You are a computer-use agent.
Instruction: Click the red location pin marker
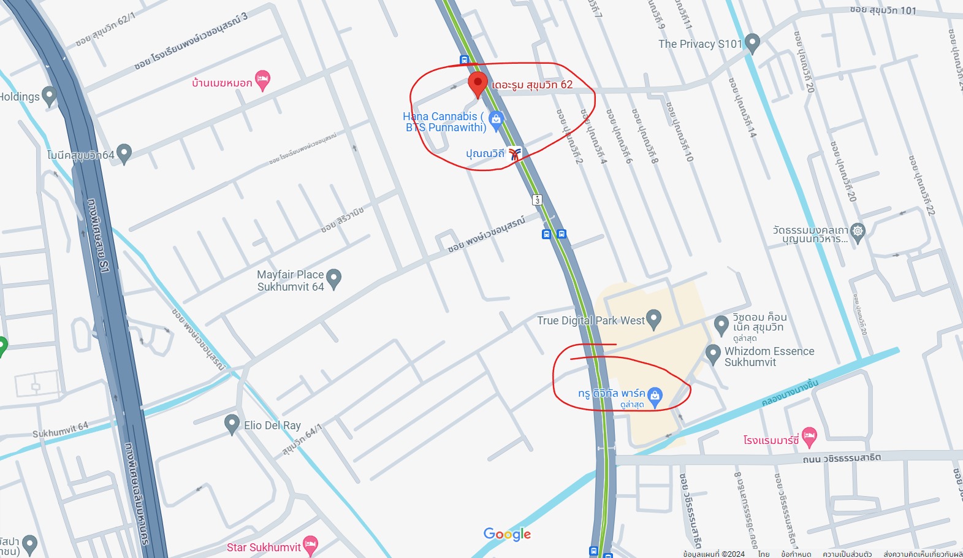tap(478, 83)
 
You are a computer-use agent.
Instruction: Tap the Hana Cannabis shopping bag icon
tap(497, 119)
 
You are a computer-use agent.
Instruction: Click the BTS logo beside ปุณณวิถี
tap(515, 154)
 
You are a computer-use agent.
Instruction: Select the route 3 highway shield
tap(537, 200)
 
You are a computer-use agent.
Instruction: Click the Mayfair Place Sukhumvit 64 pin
tap(333, 278)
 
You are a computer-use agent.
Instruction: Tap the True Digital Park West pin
tap(654, 319)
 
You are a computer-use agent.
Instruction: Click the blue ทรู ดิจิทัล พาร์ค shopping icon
tap(655, 396)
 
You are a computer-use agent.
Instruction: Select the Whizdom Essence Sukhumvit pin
tap(712, 354)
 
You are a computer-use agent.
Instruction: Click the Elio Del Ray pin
tap(232, 424)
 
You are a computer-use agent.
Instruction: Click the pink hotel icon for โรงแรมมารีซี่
tap(809, 437)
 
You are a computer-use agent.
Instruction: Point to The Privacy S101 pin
tap(752, 43)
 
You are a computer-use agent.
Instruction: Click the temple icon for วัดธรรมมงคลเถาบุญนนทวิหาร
tap(858, 232)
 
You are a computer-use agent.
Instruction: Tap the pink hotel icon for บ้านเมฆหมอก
tap(263, 80)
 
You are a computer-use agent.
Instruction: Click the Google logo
tap(507, 534)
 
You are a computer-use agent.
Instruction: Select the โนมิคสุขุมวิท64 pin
tap(124, 153)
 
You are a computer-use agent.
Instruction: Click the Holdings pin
tap(50, 96)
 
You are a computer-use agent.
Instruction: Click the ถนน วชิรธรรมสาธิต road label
tap(842, 458)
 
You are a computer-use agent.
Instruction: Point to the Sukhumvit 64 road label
tap(60, 430)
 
